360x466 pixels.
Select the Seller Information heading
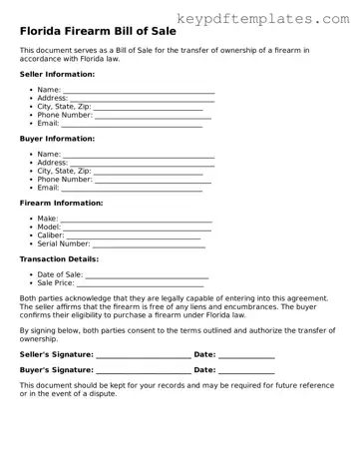point(57,74)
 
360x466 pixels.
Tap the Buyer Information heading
point(57,139)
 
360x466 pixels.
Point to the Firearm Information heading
point(63,203)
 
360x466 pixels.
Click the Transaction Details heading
point(59,259)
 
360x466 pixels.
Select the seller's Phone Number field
point(149,116)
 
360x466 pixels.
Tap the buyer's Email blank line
point(132,189)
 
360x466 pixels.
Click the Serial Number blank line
point(149,244)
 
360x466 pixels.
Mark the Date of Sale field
point(147,276)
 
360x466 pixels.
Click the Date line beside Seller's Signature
point(246,356)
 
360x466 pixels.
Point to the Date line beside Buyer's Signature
point(246,372)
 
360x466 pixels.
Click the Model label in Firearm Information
point(49,228)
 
